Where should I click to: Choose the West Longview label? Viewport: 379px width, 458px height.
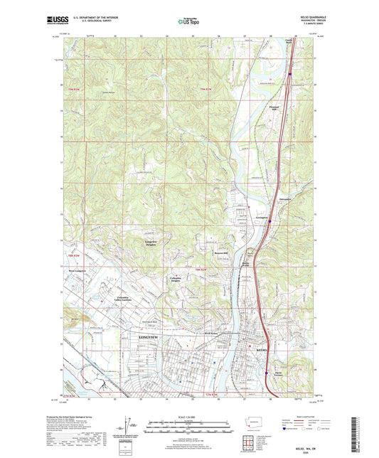pyautogui.click(x=77, y=272)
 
